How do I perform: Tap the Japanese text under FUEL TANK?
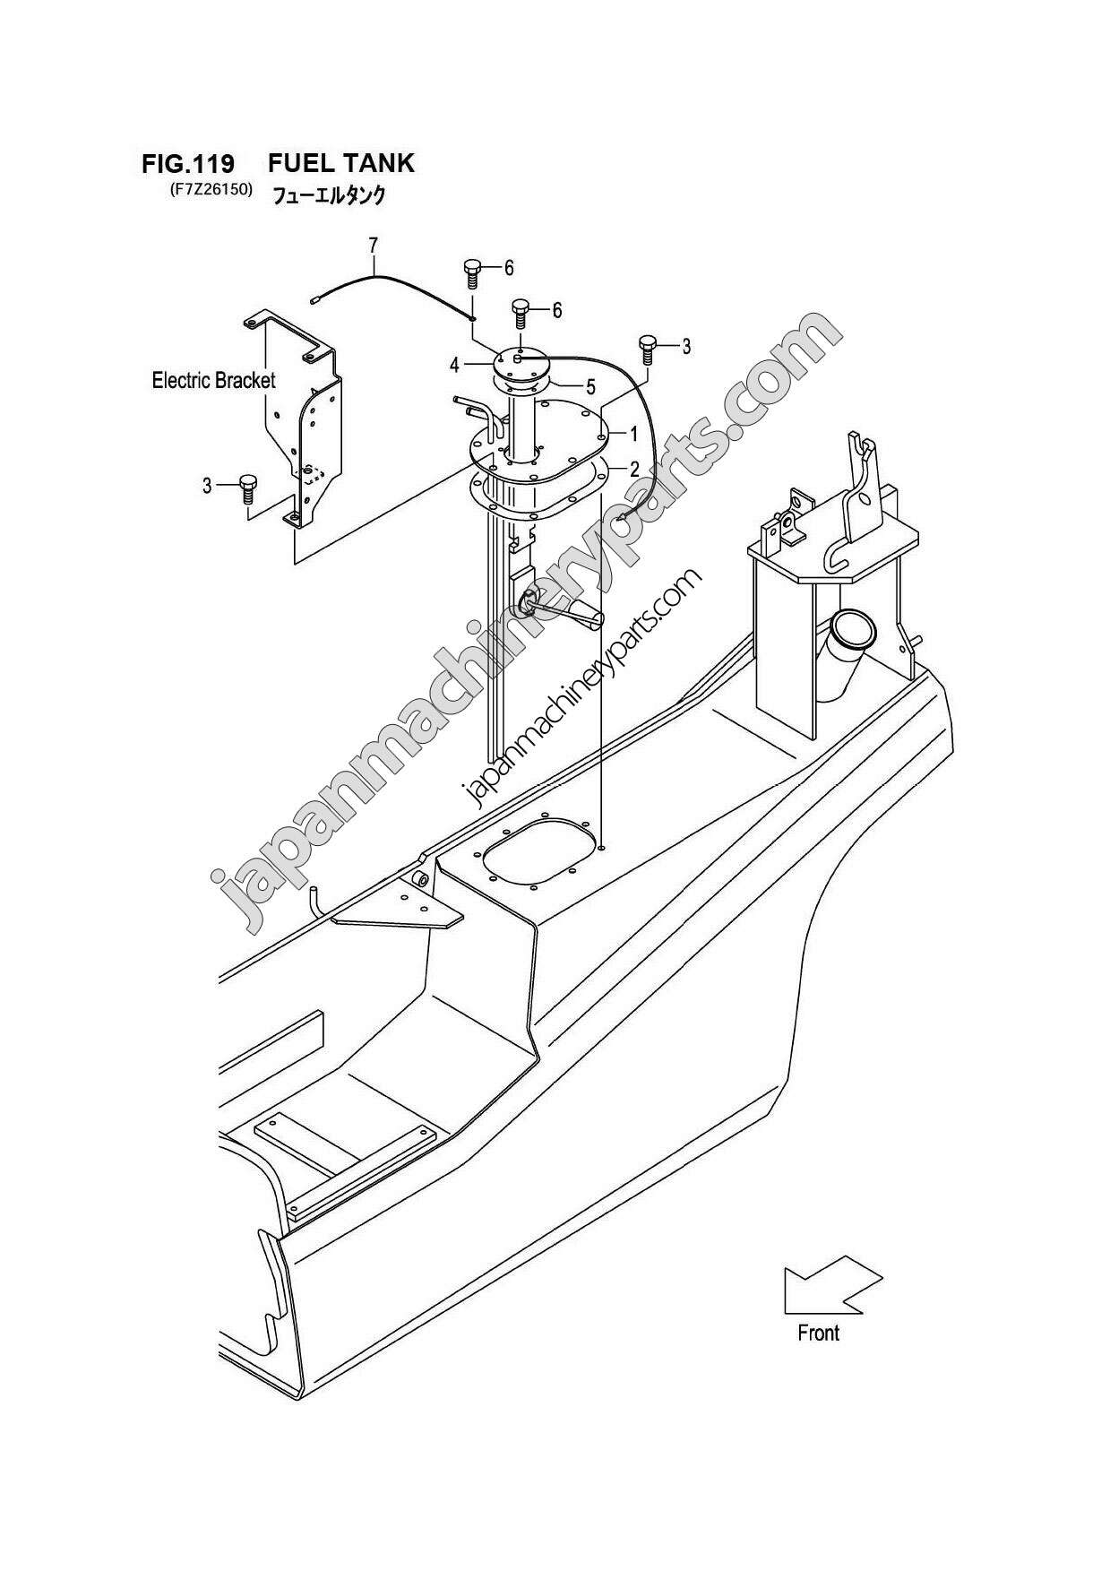click(x=328, y=194)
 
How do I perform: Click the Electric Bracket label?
click(x=213, y=380)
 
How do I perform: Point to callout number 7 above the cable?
click(x=373, y=244)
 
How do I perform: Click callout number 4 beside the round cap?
click(x=455, y=365)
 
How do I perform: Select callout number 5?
click(x=590, y=387)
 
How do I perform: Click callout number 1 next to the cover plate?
click(x=633, y=435)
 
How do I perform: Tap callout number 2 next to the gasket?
click(x=633, y=469)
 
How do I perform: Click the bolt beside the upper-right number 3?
click(x=648, y=348)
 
